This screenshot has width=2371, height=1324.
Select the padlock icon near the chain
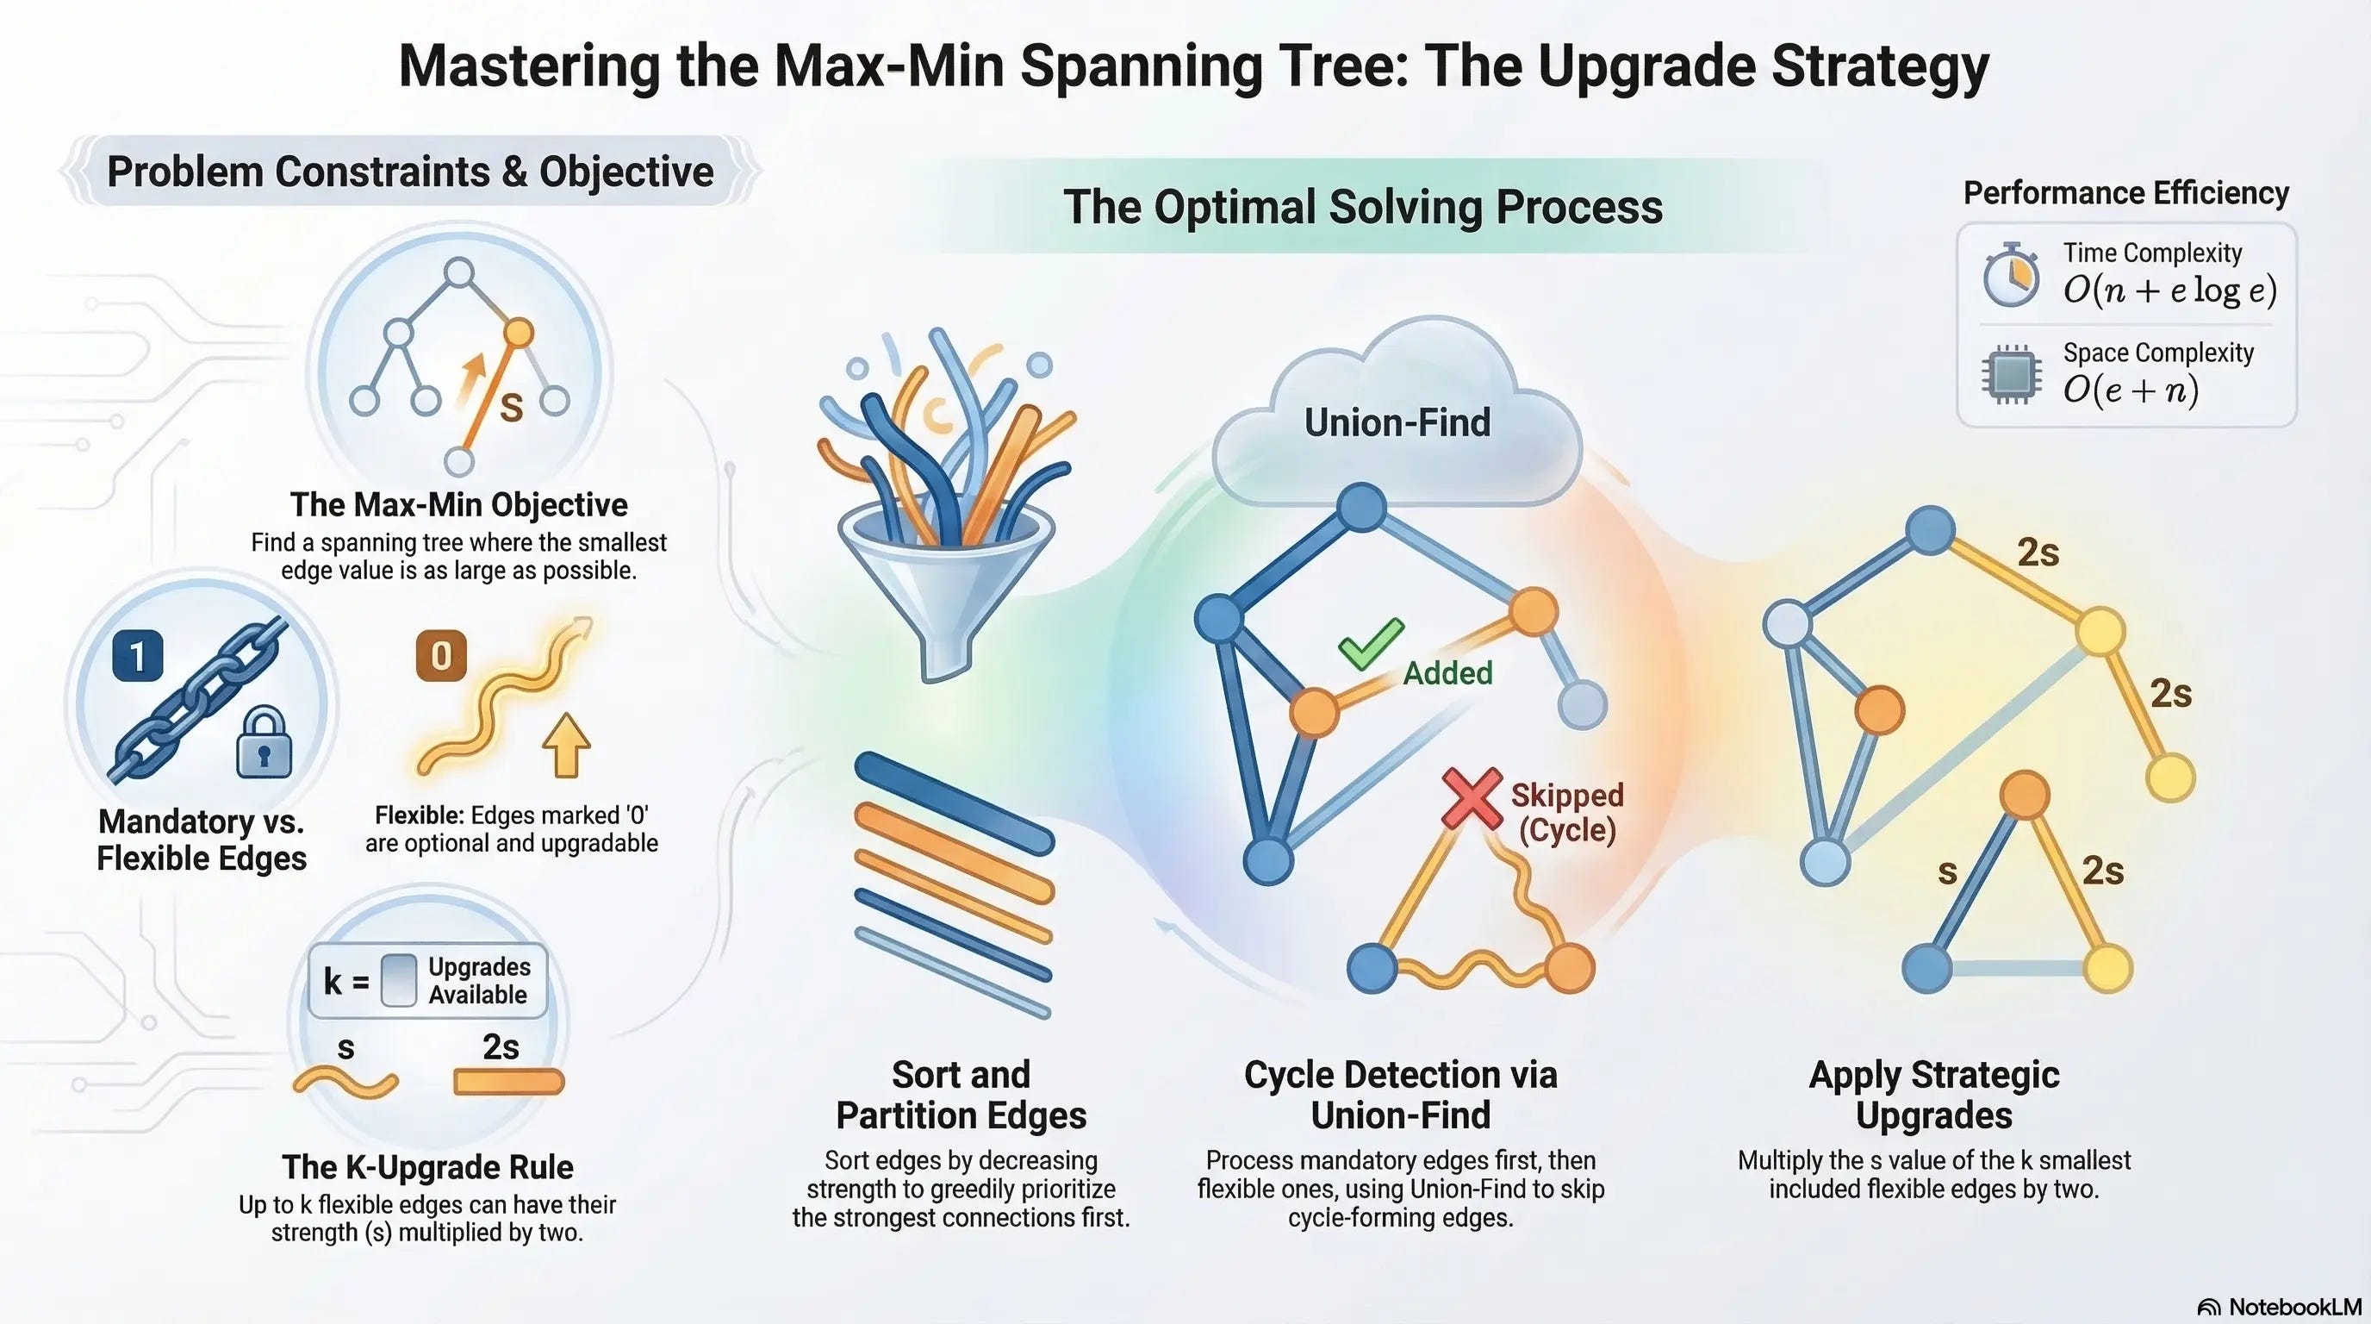click(264, 743)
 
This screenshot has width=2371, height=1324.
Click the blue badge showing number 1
click(138, 657)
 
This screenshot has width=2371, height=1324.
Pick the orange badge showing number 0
click(441, 656)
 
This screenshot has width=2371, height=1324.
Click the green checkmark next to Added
click(1372, 643)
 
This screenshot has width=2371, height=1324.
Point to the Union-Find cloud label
click(1397, 422)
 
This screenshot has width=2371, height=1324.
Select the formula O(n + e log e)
click(2169, 290)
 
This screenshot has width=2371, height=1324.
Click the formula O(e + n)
click(2131, 390)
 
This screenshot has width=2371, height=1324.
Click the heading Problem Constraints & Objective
click(410, 172)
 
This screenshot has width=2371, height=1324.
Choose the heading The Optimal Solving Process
click(1363, 206)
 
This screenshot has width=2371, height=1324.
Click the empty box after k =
click(399, 981)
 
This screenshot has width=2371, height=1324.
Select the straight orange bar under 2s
click(508, 1082)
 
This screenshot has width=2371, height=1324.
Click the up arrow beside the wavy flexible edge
click(566, 745)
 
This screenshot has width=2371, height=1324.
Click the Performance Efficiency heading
click(2126, 192)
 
